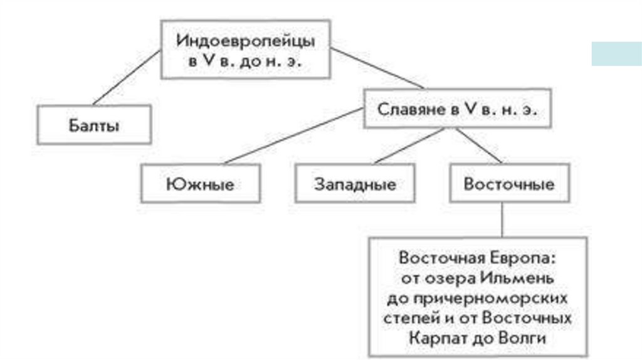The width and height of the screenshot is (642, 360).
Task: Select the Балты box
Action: (94, 125)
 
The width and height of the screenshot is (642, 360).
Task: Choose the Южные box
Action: (200, 184)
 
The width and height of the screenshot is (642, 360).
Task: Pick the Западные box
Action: (354, 184)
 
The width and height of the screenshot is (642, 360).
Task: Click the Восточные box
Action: (508, 184)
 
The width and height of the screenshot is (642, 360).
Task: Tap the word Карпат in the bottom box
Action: (433, 338)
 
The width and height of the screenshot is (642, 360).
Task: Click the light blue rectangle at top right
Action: (616, 53)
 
